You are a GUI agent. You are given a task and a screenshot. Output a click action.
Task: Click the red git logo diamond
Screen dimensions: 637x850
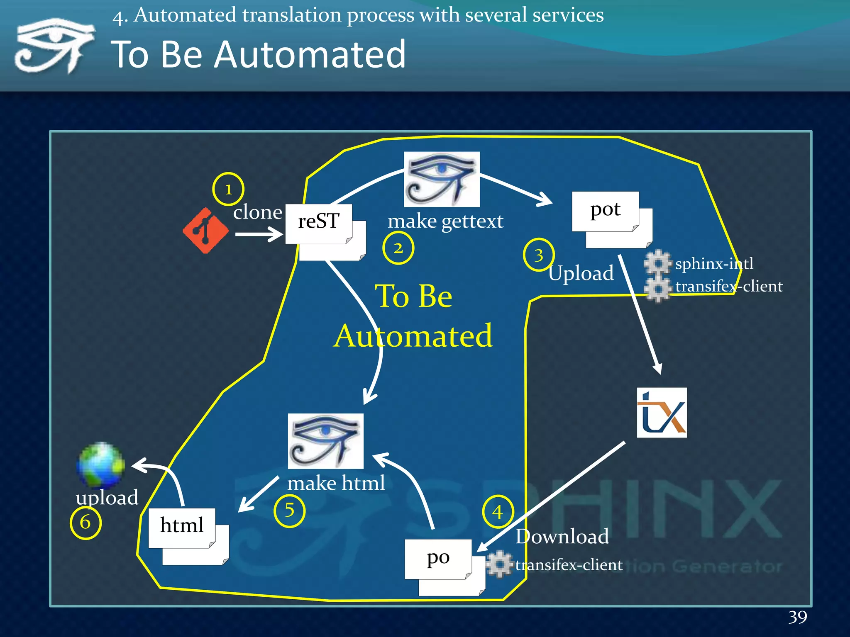pyautogui.click(x=205, y=231)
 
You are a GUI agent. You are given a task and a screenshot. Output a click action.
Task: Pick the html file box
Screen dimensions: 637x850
pyautogui.click(x=182, y=528)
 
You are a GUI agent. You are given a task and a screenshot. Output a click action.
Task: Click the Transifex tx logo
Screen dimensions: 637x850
pyautogui.click(x=662, y=413)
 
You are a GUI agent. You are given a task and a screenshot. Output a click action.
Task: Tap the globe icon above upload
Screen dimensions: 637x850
pyautogui.click(x=100, y=465)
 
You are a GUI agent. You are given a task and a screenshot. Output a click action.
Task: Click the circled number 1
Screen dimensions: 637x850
pyautogui.click(x=228, y=189)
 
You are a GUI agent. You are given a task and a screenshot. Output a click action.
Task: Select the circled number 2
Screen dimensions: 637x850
pyautogui.click(x=398, y=248)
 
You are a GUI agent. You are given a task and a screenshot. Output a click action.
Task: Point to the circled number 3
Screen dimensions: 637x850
pyautogui.click(x=539, y=255)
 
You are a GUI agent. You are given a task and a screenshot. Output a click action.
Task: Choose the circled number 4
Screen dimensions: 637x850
pyautogui.click(x=498, y=512)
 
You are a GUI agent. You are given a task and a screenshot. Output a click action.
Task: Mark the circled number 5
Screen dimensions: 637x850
pyautogui.click(x=289, y=511)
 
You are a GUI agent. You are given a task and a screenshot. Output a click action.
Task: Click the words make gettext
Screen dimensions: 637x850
pyautogui.click(x=445, y=221)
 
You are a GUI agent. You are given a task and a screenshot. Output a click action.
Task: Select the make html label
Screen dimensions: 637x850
pyautogui.click(x=336, y=484)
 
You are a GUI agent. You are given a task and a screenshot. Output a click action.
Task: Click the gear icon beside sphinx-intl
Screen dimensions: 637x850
pyautogui.click(x=658, y=263)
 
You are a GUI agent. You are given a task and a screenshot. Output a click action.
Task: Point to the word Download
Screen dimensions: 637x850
pyautogui.click(x=562, y=537)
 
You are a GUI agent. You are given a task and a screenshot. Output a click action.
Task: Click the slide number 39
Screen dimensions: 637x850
pyautogui.click(x=797, y=617)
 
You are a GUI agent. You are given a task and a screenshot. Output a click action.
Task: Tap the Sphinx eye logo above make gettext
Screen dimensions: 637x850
pyautogui.click(x=442, y=179)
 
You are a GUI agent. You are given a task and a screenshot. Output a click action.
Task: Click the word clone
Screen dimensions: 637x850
pyautogui.click(x=257, y=212)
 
